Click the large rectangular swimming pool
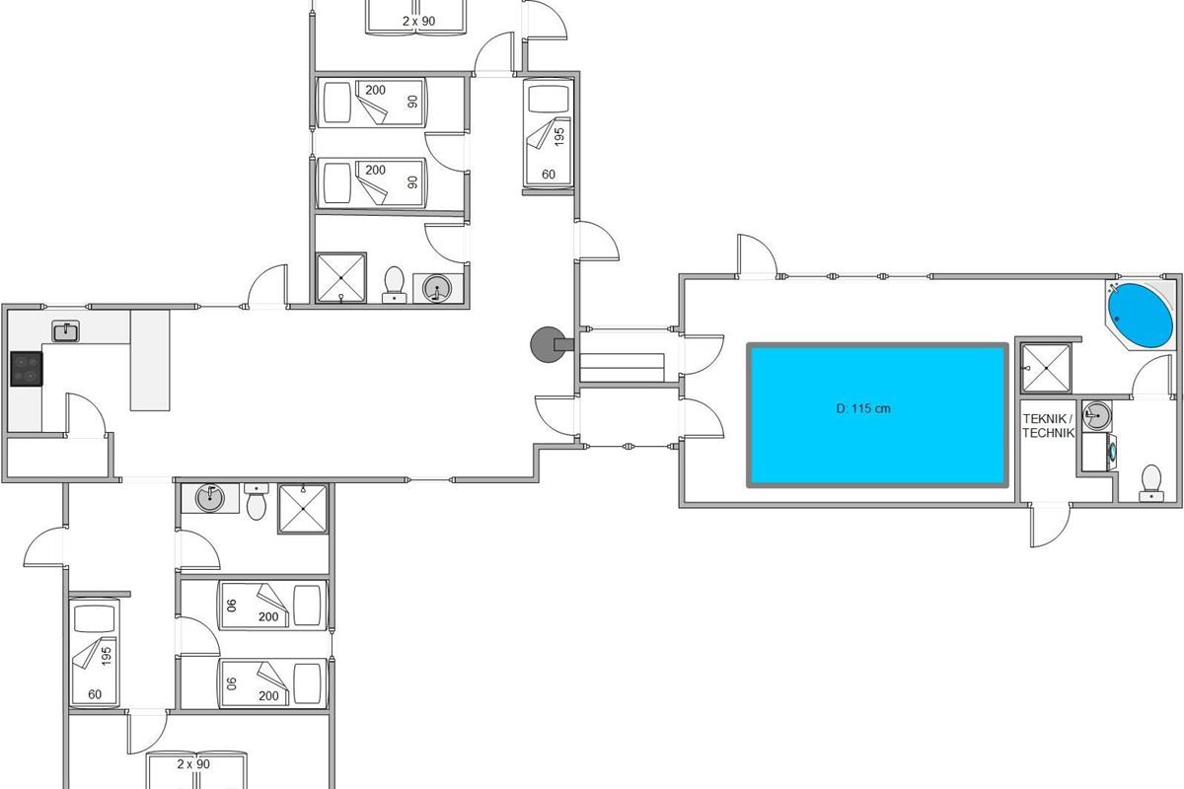[877, 415]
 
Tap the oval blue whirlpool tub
[1141, 316]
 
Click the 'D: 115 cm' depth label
[863, 408]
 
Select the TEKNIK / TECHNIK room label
[1048, 426]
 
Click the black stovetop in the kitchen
[27, 369]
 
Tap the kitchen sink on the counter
[65, 331]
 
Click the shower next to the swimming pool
[1046, 368]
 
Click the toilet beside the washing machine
[1150, 482]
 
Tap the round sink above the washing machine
[1097, 415]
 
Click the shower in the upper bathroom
[341, 278]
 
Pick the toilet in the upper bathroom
[394, 285]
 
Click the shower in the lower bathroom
[303, 508]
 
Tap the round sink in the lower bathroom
[210, 498]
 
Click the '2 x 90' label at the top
[418, 21]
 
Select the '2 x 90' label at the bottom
[193, 764]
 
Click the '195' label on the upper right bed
[559, 136]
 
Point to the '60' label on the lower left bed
[95, 694]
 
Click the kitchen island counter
[150, 360]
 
